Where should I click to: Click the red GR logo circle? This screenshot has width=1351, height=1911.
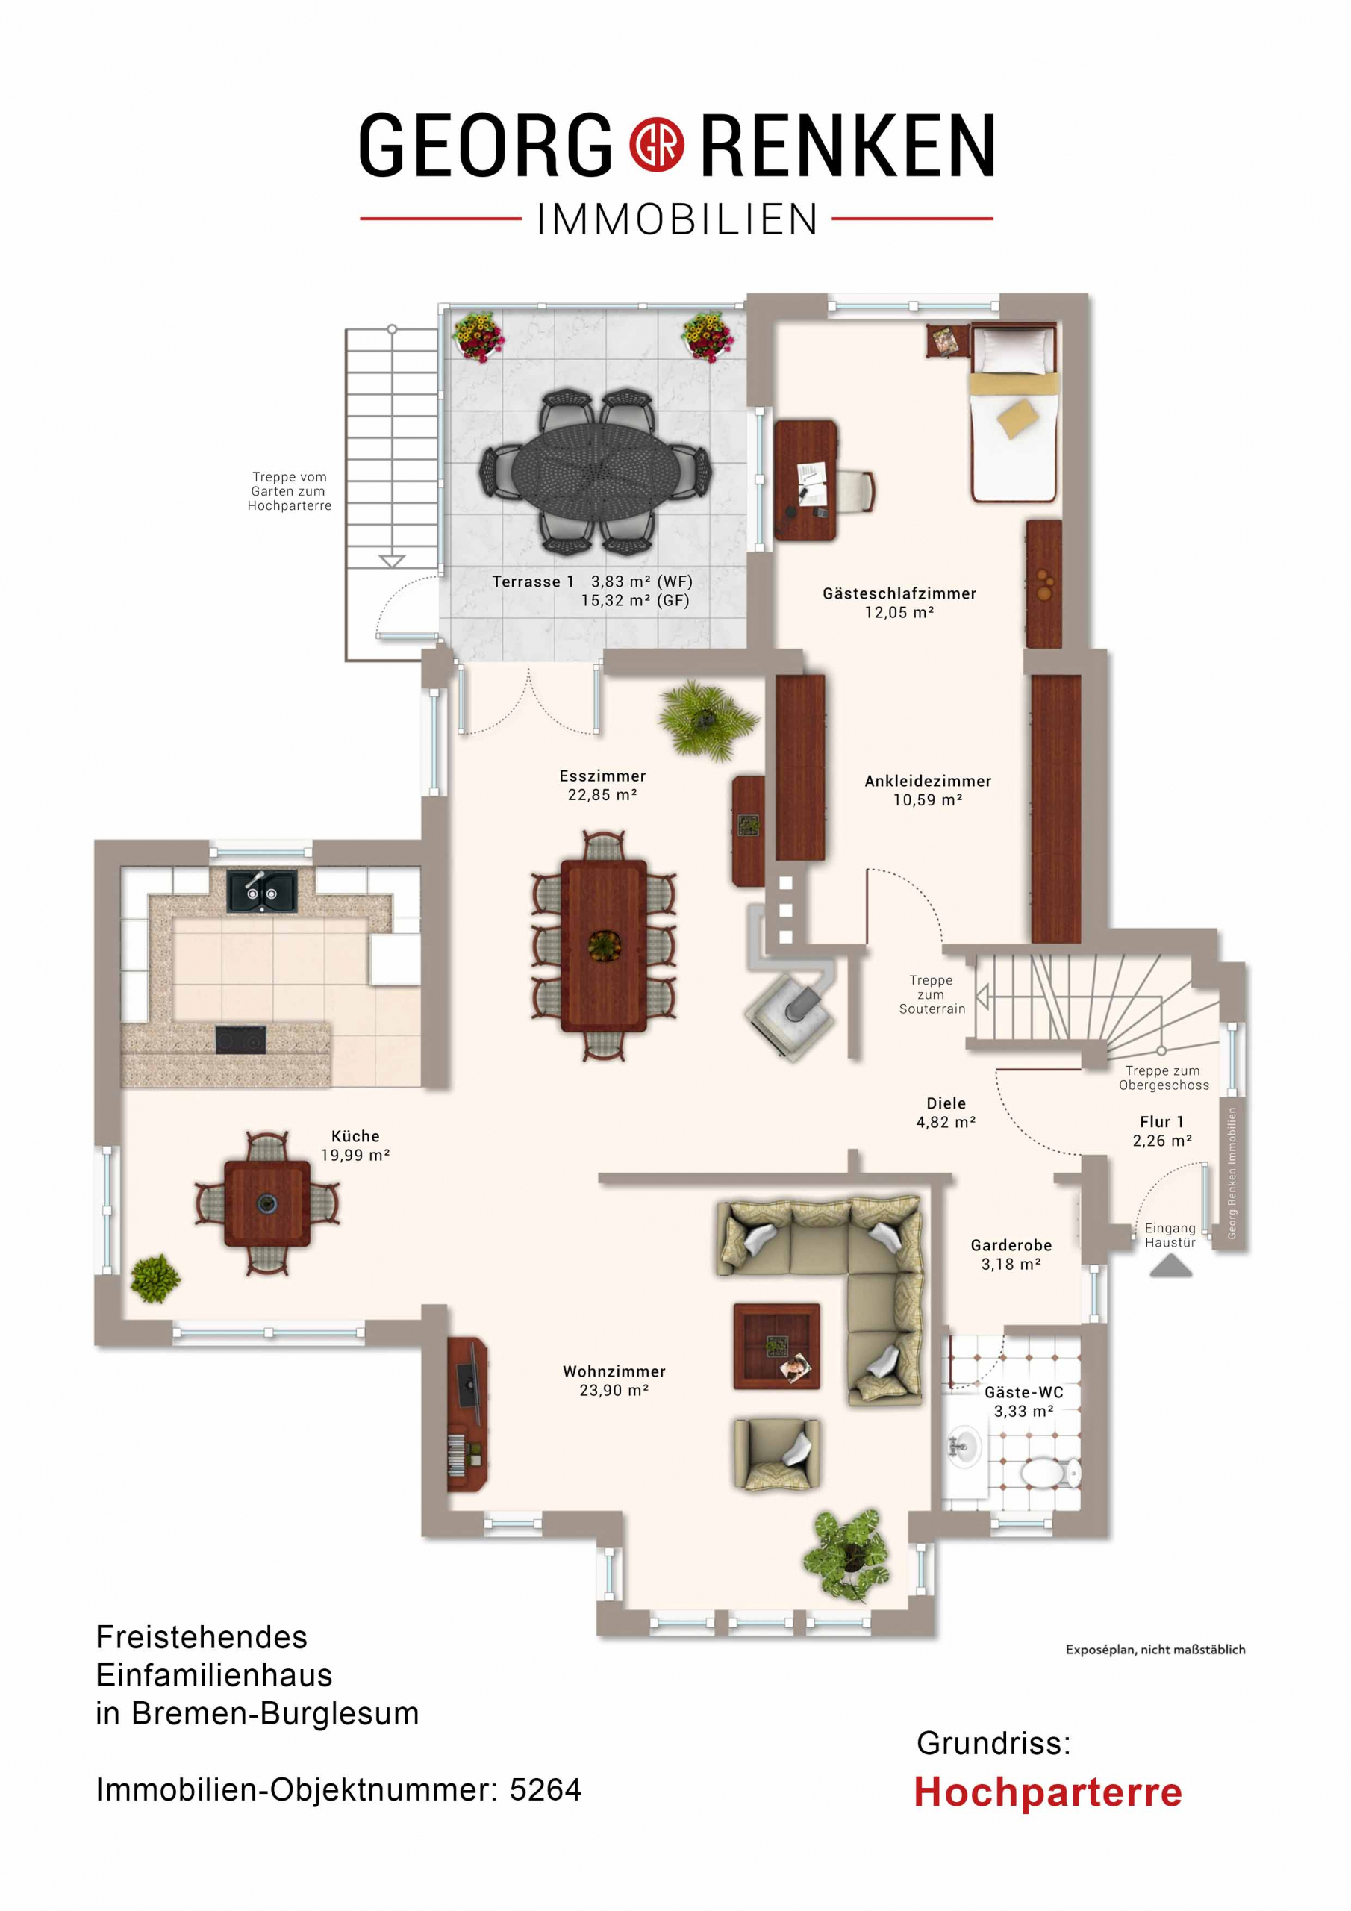(656, 146)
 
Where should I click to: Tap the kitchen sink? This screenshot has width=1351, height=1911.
(261, 890)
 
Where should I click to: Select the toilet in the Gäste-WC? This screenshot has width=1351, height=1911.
(1049, 1472)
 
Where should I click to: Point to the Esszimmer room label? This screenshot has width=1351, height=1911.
(602, 776)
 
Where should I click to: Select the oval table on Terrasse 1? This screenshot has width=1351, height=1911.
(594, 470)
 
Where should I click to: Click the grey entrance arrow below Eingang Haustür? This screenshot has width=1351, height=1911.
(1170, 1267)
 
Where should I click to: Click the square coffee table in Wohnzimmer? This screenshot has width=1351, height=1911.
(776, 1346)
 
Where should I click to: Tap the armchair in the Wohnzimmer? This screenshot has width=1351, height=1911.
(776, 1454)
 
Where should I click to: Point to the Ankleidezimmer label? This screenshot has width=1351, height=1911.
(928, 781)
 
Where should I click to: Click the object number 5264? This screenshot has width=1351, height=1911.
(545, 1789)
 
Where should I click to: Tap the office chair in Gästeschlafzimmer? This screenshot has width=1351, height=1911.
(855, 490)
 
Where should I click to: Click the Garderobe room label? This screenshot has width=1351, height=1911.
(1011, 1245)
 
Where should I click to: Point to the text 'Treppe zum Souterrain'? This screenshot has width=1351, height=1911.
(932, 994)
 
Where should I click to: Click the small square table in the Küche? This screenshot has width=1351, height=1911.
(267, 1203)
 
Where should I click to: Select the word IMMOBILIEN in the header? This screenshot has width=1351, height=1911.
(677, 219)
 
